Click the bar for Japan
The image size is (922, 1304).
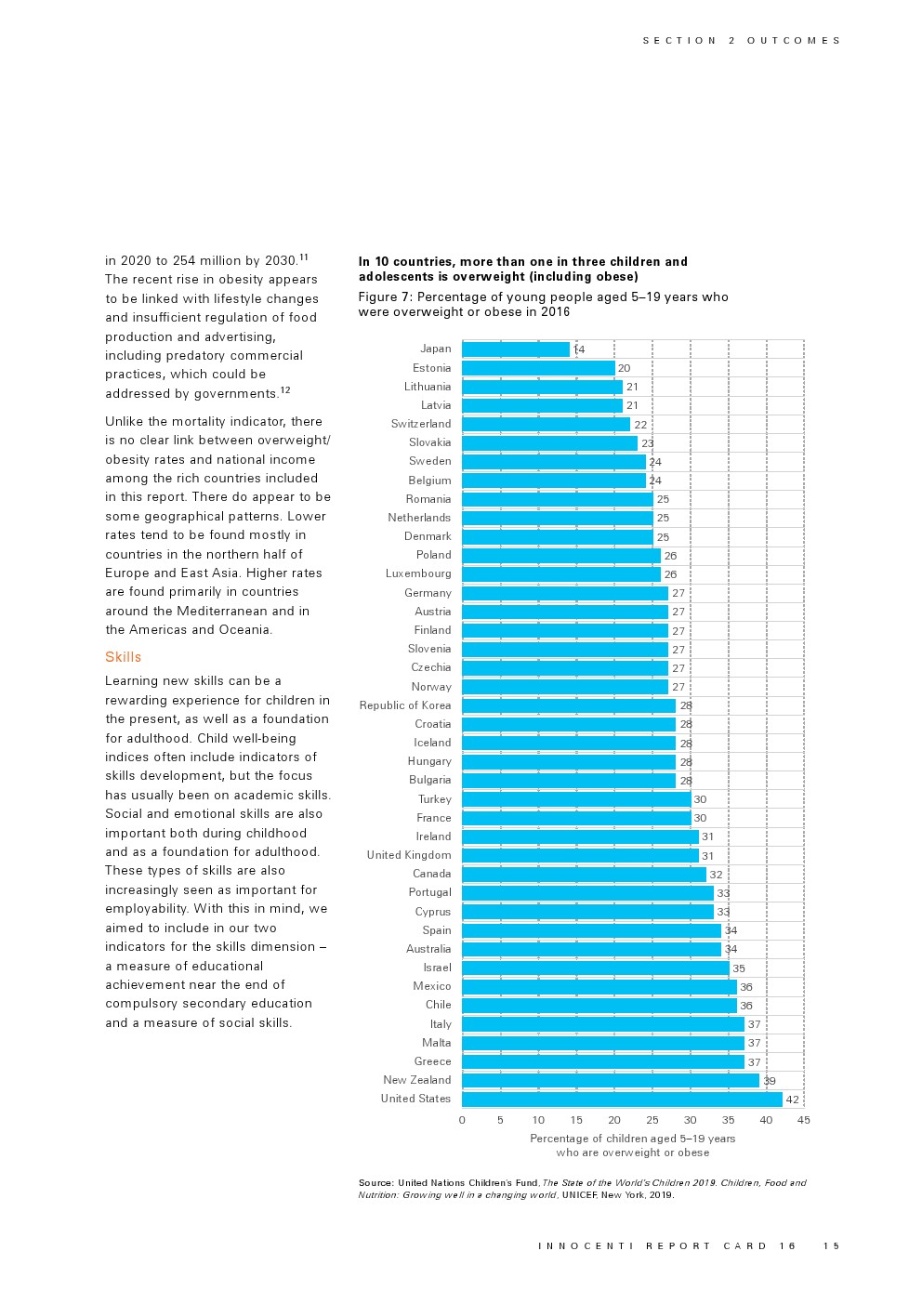coord(516,349)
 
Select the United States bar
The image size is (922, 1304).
coord(622,1100)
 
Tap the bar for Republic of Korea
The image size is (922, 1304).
coord(569,705)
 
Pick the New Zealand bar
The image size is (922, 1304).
coord(611,1080)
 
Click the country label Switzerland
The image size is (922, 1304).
coord(421,424)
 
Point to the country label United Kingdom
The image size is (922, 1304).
coord(409,855)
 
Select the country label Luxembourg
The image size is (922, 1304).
coord(418,573)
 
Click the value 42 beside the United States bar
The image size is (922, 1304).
coord(793,1100)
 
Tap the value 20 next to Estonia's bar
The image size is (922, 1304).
coord(625,368)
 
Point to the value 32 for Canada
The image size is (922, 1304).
coord(716,875)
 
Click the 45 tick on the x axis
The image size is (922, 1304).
coord(804,1120)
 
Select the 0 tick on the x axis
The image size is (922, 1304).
coord(462,1120)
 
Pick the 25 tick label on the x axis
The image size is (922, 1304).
coord(652,1120)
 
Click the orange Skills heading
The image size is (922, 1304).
coord(124,657)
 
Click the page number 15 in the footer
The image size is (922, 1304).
coord(831,1246)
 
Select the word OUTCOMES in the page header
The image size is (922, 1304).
coord(794,41)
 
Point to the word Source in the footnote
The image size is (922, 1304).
coord(375,1183)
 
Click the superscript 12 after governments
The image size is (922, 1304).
coord(285,390)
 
